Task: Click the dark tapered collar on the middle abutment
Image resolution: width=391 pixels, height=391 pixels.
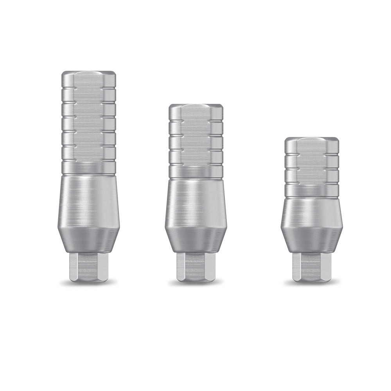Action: [195, 240]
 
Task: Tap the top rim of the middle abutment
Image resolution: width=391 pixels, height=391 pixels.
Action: [195, 106]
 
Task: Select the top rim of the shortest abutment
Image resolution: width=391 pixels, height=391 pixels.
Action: [311, 139]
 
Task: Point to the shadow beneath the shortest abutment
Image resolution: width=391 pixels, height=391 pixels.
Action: [311, 283]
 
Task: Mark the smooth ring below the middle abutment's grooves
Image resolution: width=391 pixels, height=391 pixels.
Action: [195, 172]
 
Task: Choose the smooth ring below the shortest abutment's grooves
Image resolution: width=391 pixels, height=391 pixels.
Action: [311, 190]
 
